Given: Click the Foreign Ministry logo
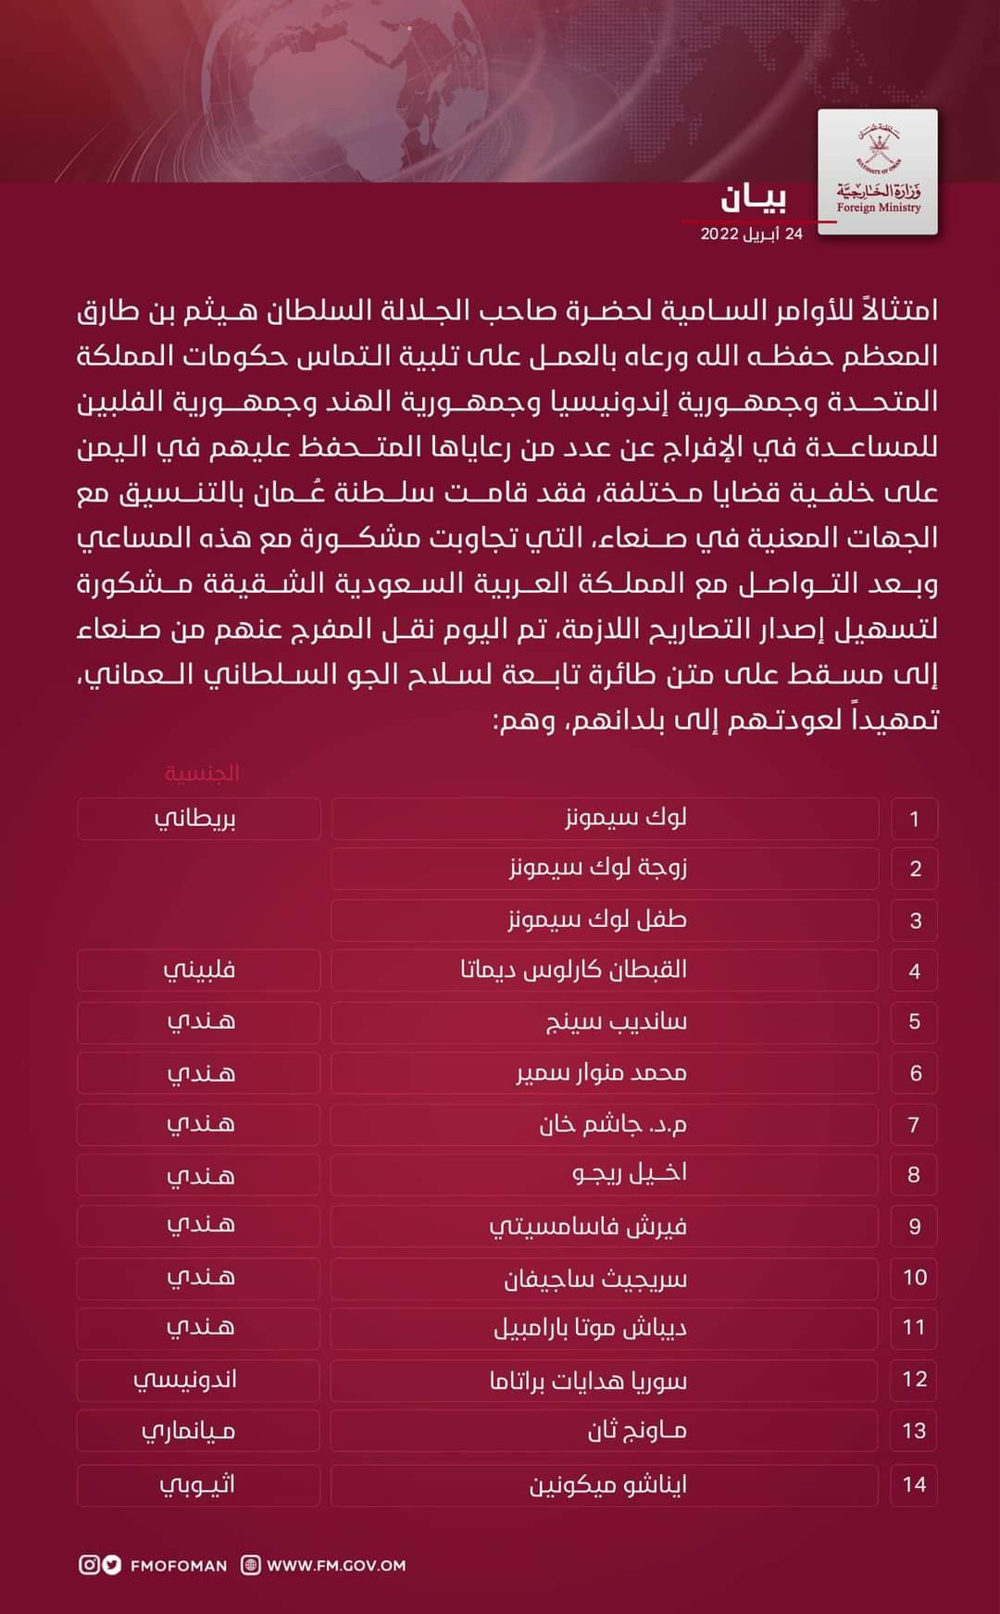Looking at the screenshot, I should (x=878, y=171).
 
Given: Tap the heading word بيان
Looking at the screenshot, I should (x=755, y=197).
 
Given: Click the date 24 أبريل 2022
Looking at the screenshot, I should (x=751, y=233).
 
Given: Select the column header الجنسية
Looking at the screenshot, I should (x=202, y=772).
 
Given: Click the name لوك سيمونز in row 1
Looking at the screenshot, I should (x=626, y=818).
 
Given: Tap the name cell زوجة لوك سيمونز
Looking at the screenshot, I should (x=598, y=869).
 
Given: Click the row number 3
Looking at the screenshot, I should (x=915, y=920).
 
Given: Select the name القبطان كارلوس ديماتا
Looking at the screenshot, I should (x=574, y=970).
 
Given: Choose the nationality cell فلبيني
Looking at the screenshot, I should (x=199, y=970).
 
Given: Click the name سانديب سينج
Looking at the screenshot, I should (x=616, y=1021).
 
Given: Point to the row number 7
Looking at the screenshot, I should (x=914, y=1124).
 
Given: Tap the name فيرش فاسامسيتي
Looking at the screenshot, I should (x=588, y=1226).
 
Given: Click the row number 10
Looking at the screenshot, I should (x=915, y=1278).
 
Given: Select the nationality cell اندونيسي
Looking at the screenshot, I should (x=185, y=1380).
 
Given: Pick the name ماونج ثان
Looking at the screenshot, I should (x=637, y=1431).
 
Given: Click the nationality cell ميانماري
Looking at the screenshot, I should (x=189, y=1432).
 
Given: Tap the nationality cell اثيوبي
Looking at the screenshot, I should (x=197, y=1484).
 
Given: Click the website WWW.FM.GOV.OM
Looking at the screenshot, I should (x=336, y=1565).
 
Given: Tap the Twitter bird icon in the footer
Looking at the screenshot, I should (x=112, y=1565).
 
